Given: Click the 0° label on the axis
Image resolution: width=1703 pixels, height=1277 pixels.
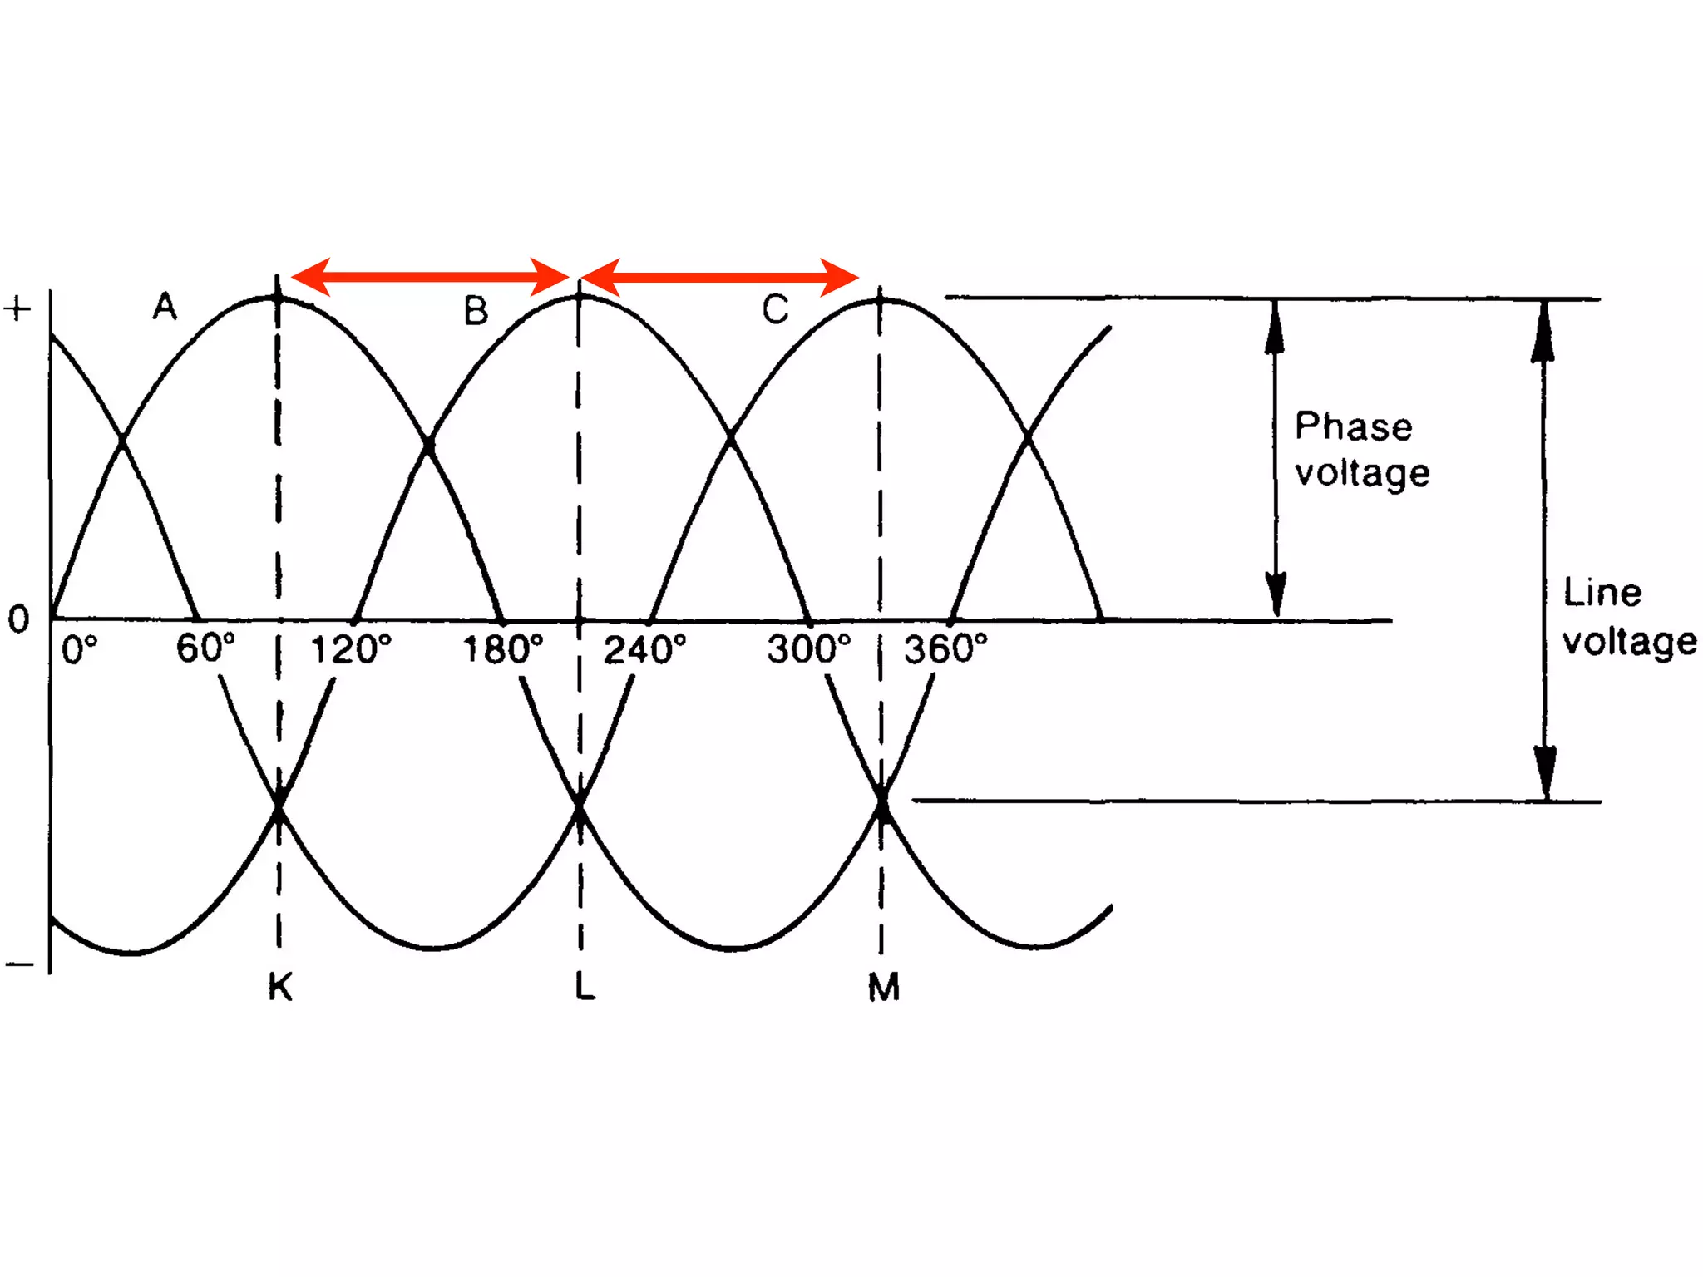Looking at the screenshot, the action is point(80,649).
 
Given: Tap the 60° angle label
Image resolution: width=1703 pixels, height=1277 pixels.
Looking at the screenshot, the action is point(205,648).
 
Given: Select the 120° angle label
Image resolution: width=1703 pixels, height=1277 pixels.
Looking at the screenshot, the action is point(350,649).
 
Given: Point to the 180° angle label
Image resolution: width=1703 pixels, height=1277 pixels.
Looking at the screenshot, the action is point(502,649).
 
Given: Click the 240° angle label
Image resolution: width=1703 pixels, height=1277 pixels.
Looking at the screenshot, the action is point(644,649).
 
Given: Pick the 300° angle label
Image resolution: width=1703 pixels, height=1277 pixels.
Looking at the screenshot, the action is point(809,649).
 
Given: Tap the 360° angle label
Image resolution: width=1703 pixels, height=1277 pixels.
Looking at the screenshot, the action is point(945,649).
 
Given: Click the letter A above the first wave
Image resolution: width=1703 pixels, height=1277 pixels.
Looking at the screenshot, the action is point(165,307).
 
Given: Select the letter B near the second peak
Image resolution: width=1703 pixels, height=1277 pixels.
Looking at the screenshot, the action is point(476,311).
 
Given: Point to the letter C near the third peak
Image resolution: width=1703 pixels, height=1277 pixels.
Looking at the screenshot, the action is point(775,309).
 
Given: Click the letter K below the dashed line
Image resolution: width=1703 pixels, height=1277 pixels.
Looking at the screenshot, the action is point(280,988).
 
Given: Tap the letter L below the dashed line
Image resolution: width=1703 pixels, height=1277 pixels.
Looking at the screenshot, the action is point(585,987).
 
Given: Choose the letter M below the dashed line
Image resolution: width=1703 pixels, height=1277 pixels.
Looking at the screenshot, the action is point(883,988).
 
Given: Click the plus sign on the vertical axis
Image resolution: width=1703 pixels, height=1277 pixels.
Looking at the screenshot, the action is point(17,309).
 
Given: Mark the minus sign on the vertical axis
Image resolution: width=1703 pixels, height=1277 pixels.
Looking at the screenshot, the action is point(19,964).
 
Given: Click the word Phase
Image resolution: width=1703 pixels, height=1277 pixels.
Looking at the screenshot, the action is point(1353,426).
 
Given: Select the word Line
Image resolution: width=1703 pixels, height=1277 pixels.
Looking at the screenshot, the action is point(1602,593).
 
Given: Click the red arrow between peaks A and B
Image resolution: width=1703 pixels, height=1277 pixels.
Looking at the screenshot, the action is point(430,277).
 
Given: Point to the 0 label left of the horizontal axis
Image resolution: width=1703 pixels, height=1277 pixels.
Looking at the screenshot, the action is point(18,619).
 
